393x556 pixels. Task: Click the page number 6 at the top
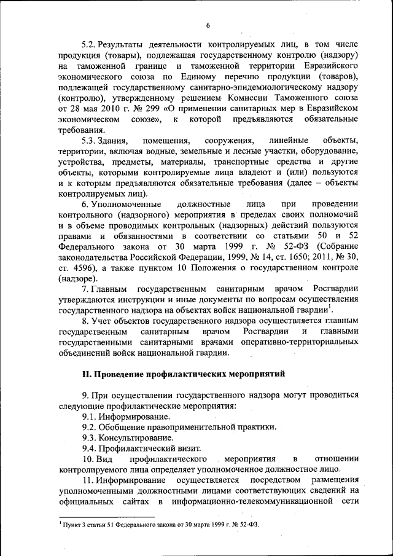click(x=208, y=25)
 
